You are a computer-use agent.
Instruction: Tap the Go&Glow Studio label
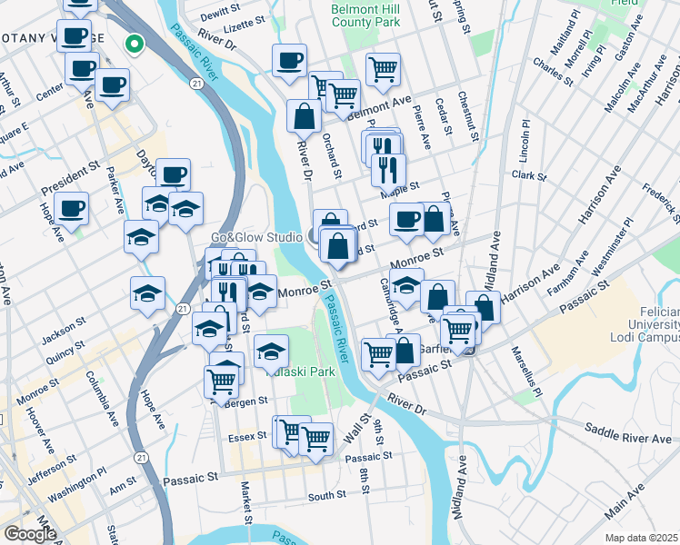click(x=256, y=237)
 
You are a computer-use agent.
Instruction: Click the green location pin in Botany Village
click(x=135, y=43)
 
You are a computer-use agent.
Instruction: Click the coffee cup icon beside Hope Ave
click(x=71, y=208)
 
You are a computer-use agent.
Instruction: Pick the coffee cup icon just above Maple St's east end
click(x=406, y=219)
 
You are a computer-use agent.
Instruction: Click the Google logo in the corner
click(x=30, y=534)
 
